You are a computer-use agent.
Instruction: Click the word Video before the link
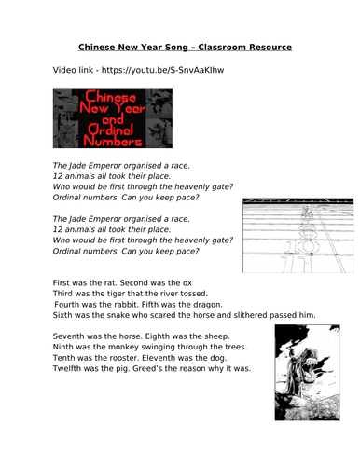(x=68, y=71)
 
